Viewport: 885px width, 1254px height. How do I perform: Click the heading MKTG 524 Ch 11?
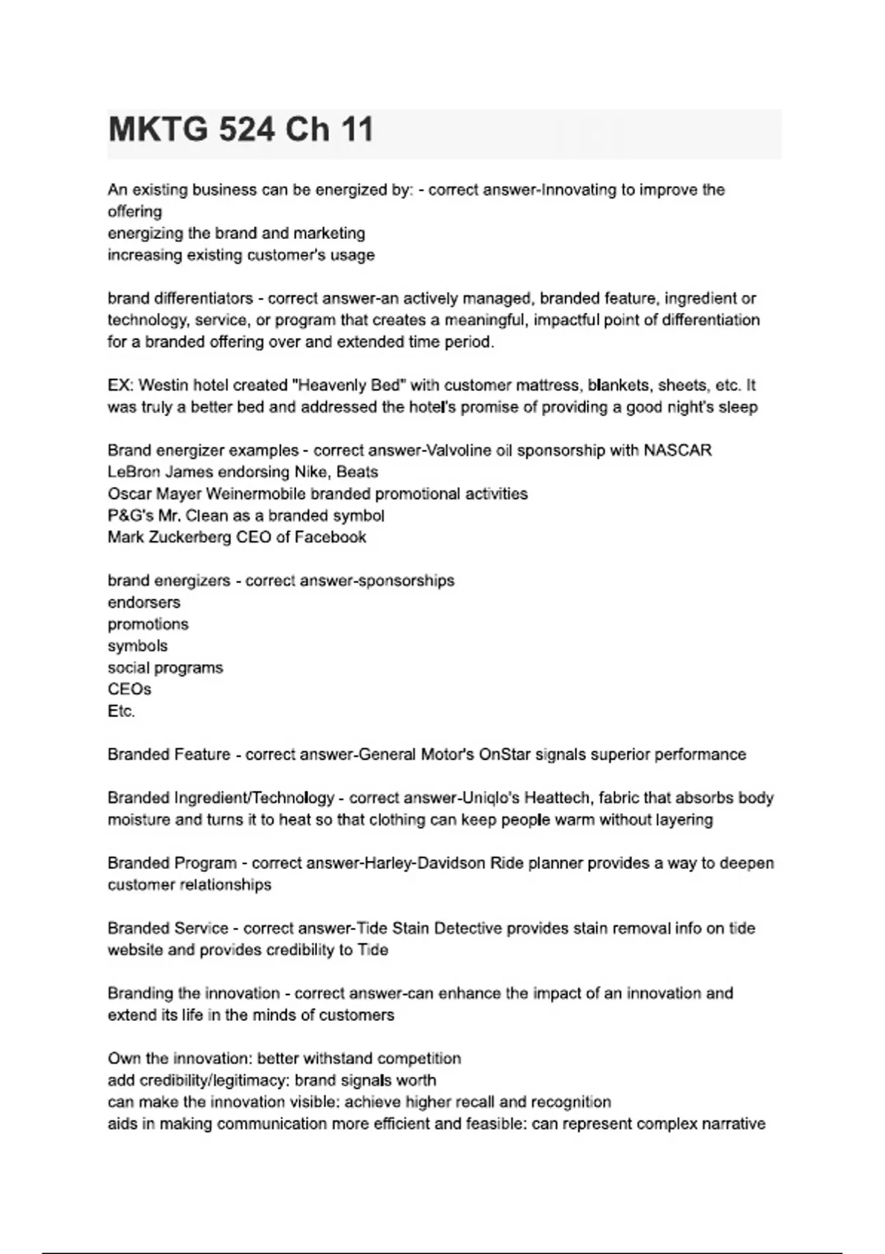coord(241,130)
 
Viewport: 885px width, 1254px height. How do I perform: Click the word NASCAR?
coord(678,450)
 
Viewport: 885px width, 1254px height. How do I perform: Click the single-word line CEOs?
coord(129,689)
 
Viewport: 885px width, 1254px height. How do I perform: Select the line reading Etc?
coord(121,711)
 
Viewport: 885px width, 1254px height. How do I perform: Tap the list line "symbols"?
coord(137,645)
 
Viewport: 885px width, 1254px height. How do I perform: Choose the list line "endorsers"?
coord(144,602)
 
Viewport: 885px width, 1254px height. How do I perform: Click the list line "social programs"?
coord(165,668)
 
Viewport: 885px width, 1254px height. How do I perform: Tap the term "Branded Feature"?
coord(169,755)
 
